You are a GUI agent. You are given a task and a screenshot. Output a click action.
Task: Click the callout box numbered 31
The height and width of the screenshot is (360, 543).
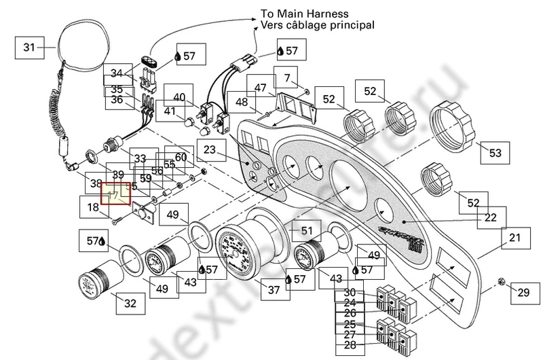click(x=29, y=48)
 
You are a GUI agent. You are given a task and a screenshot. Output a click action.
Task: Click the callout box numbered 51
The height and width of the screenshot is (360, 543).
click(x=306, y=230)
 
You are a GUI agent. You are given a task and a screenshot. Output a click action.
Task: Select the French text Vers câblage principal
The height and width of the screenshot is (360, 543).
click(x=317, y=25)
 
